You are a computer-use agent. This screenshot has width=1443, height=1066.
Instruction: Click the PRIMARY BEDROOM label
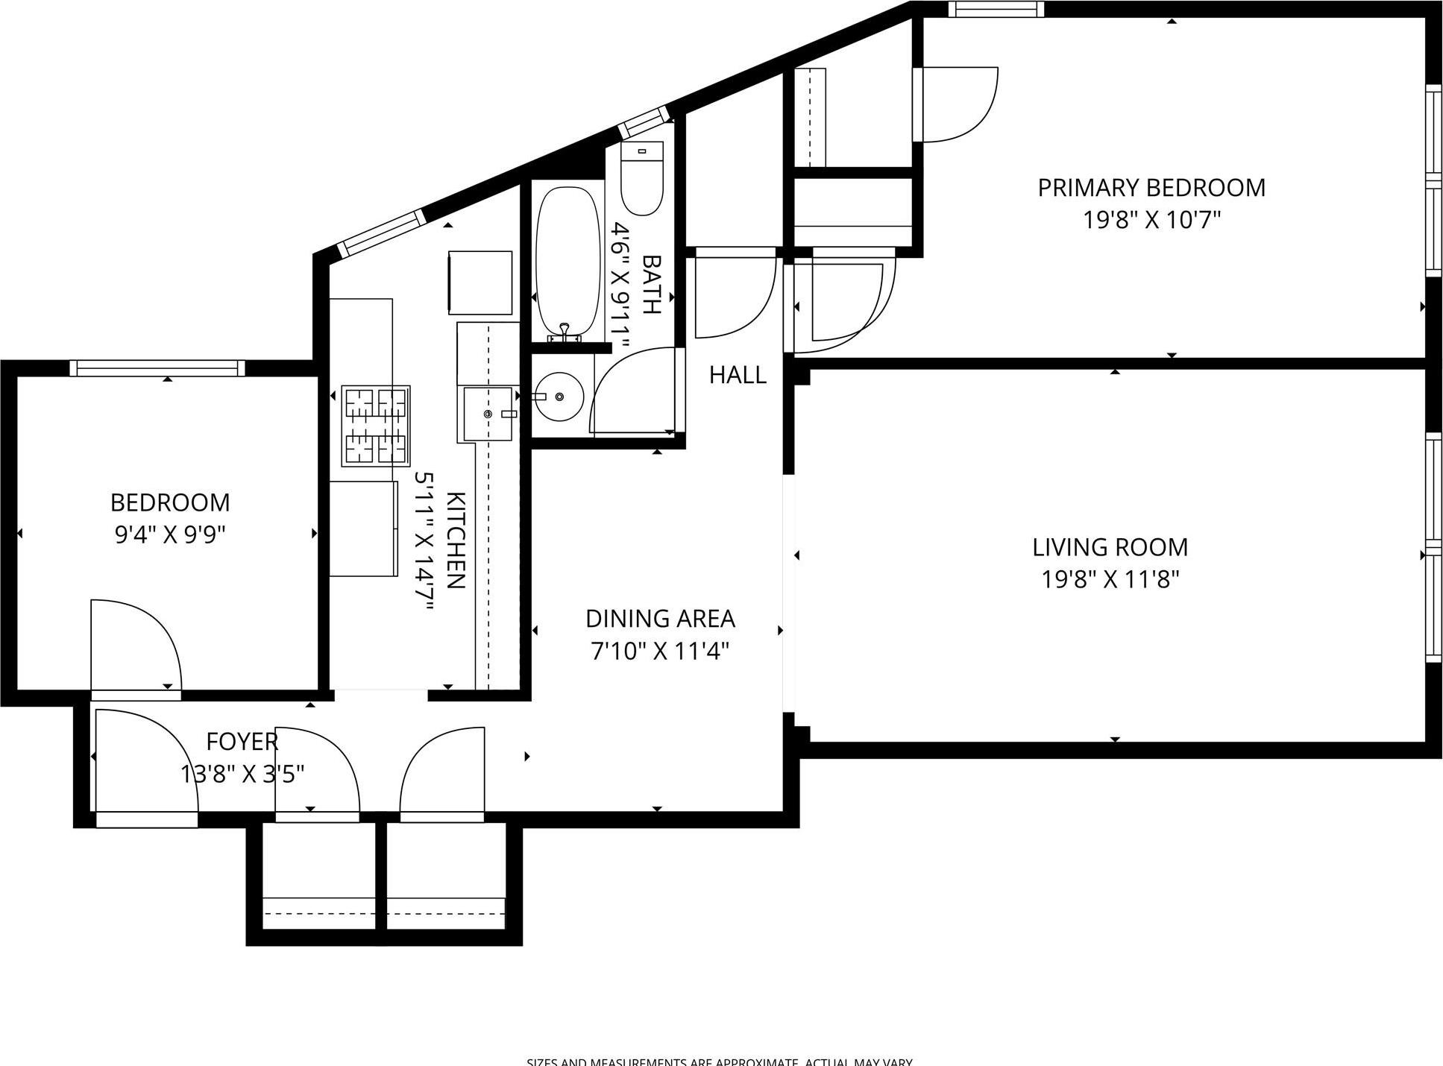tap(1151, 187)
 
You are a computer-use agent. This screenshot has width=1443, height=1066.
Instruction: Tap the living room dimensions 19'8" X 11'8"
tap(1110, 579)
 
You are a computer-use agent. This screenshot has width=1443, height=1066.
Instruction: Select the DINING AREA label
tap(660, 619)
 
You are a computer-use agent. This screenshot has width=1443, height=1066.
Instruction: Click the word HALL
tap(738, 375)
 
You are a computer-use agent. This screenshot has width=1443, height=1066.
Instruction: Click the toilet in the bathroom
tap(642, 179)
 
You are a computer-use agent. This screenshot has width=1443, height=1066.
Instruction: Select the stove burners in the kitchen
tap(376, 426)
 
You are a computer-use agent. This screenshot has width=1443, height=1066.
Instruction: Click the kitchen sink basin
tap(488, 414)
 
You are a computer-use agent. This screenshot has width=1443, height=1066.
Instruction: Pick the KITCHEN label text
tap(456, 540)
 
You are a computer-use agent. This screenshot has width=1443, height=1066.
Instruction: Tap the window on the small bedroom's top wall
tap(157, 368)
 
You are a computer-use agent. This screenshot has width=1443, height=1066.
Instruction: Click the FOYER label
tap(242, 742)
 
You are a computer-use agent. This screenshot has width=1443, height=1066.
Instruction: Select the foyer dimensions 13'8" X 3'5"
tap(242, 775)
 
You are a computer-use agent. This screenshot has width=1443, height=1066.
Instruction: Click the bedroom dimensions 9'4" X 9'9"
tap(170, 535)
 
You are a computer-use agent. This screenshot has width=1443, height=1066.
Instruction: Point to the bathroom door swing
tap(634, 391)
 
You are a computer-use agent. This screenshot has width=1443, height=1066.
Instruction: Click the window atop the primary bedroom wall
tap(996, 9)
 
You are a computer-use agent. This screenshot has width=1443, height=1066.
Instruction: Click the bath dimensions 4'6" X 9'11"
tap(620, 286)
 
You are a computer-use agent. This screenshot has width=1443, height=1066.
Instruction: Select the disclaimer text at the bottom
tap(720, 1062)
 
